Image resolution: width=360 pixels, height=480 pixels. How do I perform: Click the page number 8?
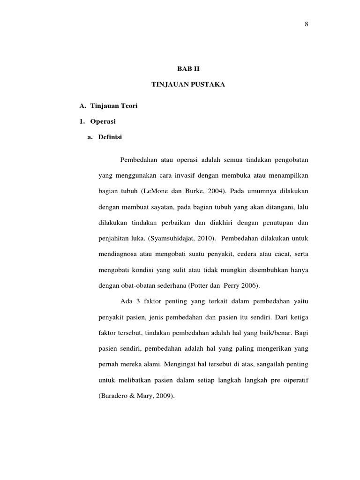(306, 25)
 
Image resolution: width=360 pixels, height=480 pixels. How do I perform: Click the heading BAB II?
(188, 68)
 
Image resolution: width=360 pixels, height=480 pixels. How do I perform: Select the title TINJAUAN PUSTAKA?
(188, 85)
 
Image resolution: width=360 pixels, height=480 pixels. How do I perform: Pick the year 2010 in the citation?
(205, 238)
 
